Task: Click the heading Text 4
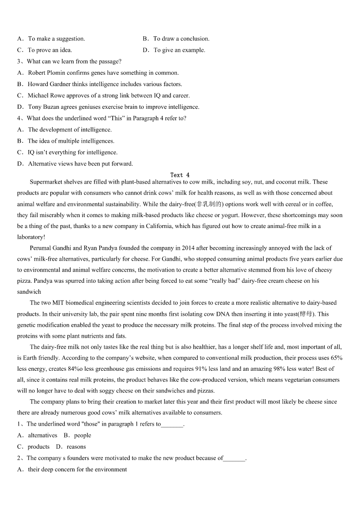tap(180, 175)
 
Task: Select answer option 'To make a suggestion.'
tap(56, 39)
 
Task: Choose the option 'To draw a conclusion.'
tap(181, 39)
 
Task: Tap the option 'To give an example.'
tap(179, 50)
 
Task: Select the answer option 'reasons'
tap(76, 446)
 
